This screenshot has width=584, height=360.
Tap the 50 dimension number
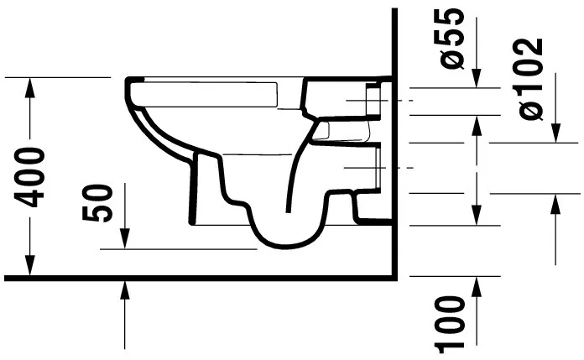click(x=100, y=202)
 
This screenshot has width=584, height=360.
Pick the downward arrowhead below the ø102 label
click(x=554, y=134)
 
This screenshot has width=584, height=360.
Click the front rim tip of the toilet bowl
click(x=131, y=84)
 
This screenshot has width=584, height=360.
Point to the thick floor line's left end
click(x=7, y=277)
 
